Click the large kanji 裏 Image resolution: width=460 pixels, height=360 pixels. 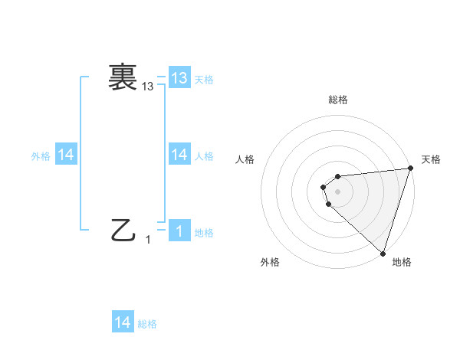pyautogui.click(x=123, y=77)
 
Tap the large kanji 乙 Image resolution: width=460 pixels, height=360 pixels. pyautogui.click(x=123, y=230)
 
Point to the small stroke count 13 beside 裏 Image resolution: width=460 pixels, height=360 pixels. pyautogui.click(x=148, y=87)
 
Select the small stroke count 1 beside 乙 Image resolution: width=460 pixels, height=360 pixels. pyautogui.click(x=148, y=240)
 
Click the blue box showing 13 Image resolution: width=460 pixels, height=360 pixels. pyautogui.click(x=179, y=78)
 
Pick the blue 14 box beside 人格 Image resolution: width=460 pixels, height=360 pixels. pyautogui.click(x=179, y=155)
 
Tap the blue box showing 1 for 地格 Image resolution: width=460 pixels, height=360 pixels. pyautogui.click(x=179, y=231)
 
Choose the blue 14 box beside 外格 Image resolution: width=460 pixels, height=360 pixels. pyautogui.click(x=66, y=155)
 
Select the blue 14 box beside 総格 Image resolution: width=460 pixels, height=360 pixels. pyautogui.click(x=123, y=322)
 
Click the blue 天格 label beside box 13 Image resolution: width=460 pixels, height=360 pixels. pyautogui.click(x=204, y=80)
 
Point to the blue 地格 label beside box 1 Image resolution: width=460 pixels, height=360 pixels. pyautogui.click(x=204, y=233)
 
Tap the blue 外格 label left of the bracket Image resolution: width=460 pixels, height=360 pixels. pyautogui.click(x=41, y=156)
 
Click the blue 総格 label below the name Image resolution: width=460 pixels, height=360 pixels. pyautogui.click(x=147, y=324)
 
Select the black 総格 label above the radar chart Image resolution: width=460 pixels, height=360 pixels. pyautogui.click(x=337, y=100)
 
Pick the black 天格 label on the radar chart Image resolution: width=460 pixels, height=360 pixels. pyautogui.click(x=431, y=159)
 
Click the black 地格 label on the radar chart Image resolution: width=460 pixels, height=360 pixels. pyautogui.click(x=402, y=262)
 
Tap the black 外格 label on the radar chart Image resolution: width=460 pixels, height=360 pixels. pyautogui.click(x=270, y=262)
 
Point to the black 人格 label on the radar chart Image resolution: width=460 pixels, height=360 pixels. pyautogui.click(x=245, y=159)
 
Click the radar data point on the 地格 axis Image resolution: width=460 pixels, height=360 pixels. pyautogui.click(x=383, y=253)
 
